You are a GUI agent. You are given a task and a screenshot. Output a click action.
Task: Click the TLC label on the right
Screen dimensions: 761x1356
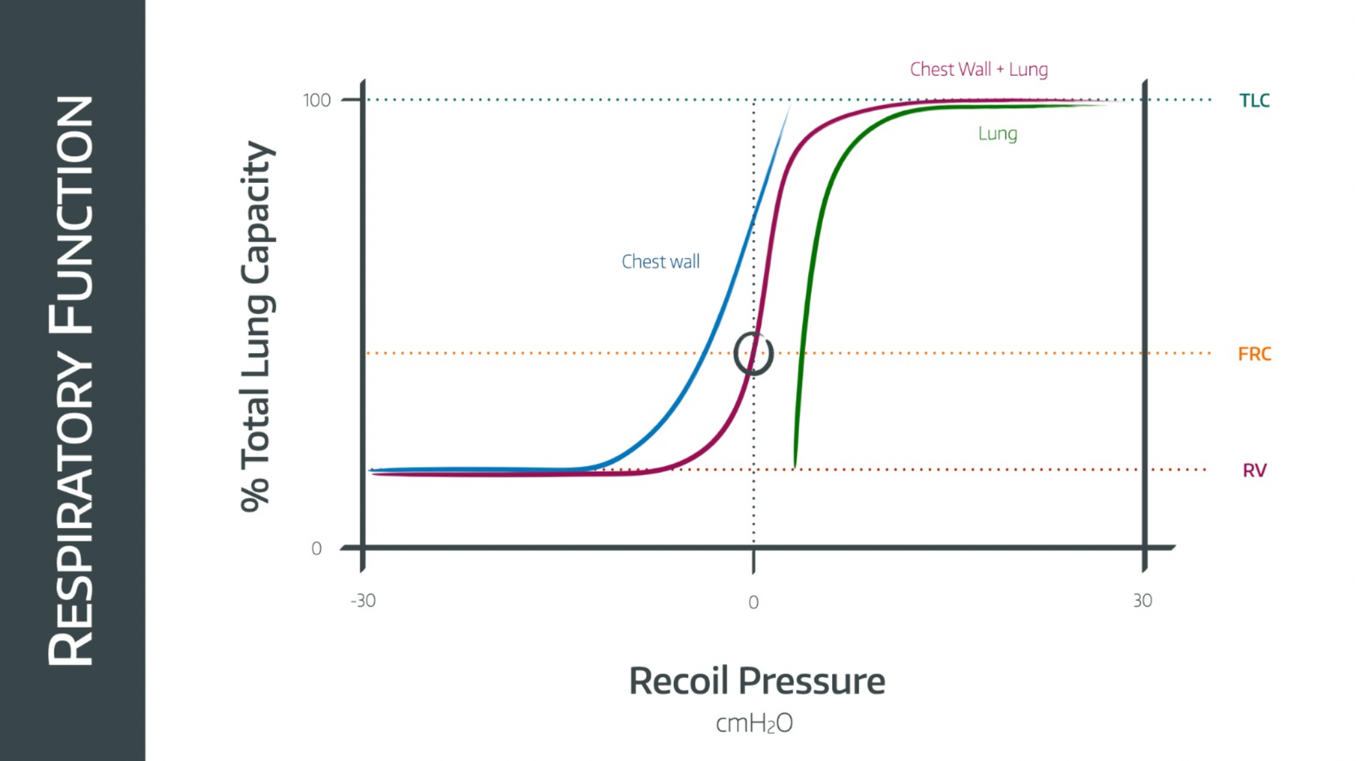(1254, 101)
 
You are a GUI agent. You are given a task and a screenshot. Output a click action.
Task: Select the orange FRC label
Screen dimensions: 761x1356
(1254, 354)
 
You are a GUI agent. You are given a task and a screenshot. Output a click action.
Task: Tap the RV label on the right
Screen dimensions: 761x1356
(1254, 470)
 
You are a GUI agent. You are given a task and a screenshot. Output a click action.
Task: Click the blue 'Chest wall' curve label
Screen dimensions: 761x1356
(660, 262)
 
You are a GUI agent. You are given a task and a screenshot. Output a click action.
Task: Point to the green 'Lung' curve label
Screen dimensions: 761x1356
(997, 133)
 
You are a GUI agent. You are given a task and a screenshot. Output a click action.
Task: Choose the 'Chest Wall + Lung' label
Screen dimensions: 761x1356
(978, 69)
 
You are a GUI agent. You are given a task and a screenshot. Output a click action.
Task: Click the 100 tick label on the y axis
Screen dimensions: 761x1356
(317, 101)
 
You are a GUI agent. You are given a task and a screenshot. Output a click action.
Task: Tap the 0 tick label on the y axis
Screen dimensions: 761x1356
(316, 548)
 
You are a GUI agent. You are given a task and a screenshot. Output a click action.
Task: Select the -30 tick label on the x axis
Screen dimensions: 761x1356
(363, 600)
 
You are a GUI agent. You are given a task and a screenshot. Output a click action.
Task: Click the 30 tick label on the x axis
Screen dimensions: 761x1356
(1142, 600)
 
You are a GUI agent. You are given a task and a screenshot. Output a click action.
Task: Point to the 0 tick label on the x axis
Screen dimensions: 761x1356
(753, 602)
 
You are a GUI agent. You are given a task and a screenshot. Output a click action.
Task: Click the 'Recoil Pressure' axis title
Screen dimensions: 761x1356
(757, 681)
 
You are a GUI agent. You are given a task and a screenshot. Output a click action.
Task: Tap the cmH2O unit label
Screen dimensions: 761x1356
(754, 724)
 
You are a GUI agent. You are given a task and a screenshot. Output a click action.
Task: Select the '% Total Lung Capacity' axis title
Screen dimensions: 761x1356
(257, 327)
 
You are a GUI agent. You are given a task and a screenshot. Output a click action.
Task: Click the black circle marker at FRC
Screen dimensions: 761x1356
(753, 353)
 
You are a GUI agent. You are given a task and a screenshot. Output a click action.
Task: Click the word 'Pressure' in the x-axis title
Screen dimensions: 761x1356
(812, 681)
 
